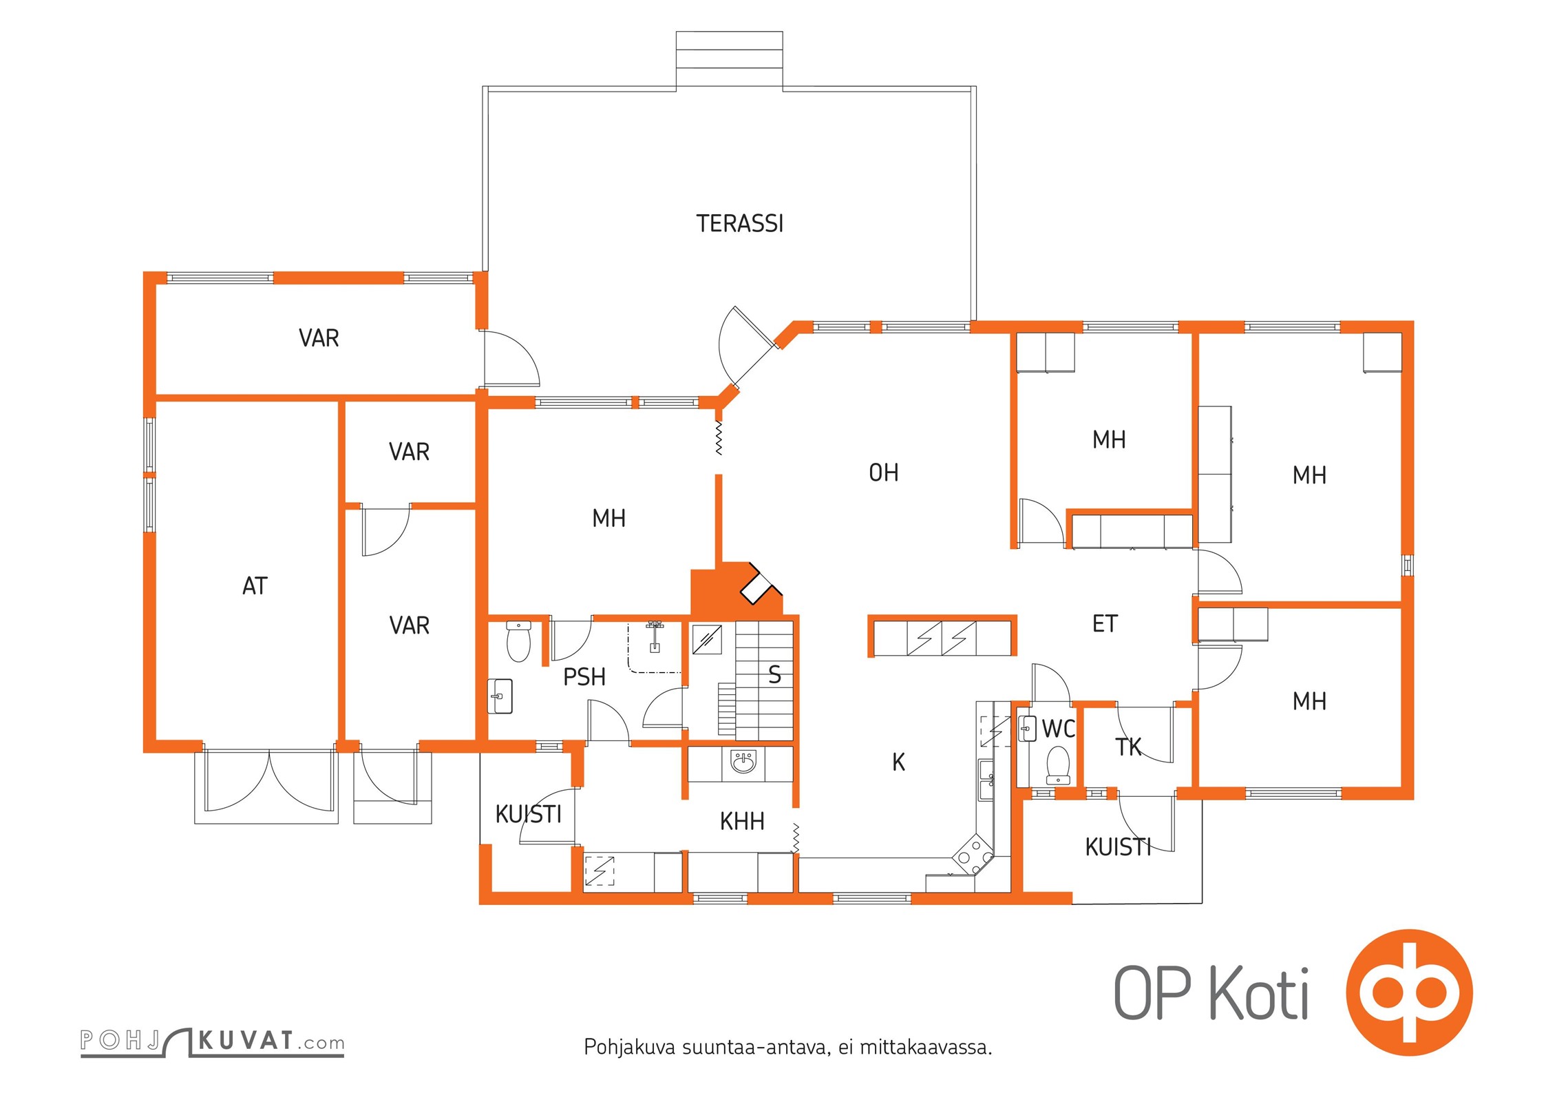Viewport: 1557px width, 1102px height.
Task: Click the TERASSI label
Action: click(739, 224)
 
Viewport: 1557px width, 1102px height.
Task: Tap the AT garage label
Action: click(255, 586)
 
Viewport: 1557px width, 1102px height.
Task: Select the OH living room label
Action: click(883, 472)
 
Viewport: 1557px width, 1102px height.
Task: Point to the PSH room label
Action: click(584, 677)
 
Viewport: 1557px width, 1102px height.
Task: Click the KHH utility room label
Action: click(742, 822)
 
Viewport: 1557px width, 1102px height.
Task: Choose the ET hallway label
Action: click(1105, 624)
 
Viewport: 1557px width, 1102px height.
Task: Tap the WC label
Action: click(1058, 729)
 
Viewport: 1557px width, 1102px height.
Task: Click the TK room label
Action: click(1128, 747)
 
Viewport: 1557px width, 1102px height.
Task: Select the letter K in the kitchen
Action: click(898, 762)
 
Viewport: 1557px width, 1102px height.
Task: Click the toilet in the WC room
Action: click(1058, 766)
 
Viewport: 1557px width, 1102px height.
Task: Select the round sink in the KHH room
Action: click(743, 762)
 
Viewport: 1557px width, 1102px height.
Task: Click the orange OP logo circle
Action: click(1410, 992)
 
